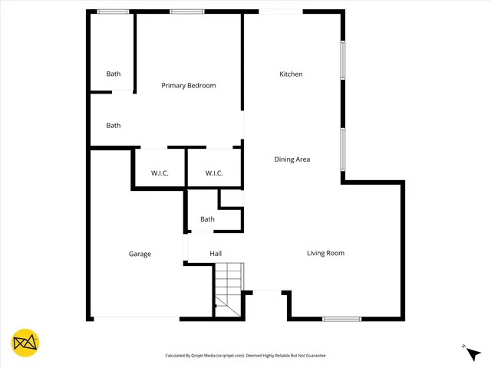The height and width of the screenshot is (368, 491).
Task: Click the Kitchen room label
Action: pos(291,74)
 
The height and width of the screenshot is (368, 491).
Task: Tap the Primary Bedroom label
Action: pos(188,86)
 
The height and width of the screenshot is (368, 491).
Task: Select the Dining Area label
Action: pos(292,159)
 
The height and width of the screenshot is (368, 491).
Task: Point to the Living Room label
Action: pos(325,253)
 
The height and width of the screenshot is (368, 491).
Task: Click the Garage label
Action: pos(140,254)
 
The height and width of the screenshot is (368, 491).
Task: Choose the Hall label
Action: pos(216,254)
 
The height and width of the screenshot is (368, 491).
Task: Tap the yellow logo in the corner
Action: pos(25,342)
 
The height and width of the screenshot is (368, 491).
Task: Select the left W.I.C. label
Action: pos(160,173)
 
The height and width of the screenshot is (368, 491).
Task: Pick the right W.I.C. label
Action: pos(214,173)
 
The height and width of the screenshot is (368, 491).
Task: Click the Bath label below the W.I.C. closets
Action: pos(207,219)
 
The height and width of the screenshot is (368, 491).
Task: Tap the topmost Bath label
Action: pos(114,74)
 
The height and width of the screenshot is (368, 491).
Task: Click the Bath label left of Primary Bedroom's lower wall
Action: pos(114,126)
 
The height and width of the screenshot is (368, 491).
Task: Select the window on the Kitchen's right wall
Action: pos(344,59)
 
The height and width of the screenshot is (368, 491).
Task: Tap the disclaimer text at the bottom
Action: pos(245,356)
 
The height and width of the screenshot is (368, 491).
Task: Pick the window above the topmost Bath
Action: pos(113,11)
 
